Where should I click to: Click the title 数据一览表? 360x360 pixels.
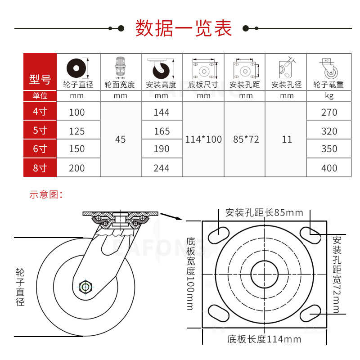184,28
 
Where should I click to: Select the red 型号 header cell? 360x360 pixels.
40,80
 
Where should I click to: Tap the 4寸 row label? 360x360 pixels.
40,112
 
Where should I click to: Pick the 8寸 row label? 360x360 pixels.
40,168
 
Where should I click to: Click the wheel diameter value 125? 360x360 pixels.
77,131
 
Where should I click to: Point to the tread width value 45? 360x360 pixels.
121,139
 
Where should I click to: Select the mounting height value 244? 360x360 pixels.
162,168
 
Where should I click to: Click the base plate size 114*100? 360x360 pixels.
203,139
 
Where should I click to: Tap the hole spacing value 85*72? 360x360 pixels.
246,139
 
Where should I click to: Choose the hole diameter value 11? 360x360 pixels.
287,139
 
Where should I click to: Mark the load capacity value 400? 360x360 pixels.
329,168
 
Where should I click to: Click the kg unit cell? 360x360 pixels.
329,96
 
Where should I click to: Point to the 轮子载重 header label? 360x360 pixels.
329,84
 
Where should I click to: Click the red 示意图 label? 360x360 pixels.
45,194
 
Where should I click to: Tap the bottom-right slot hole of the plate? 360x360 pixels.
310,312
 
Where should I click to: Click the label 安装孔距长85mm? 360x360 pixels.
264,212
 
